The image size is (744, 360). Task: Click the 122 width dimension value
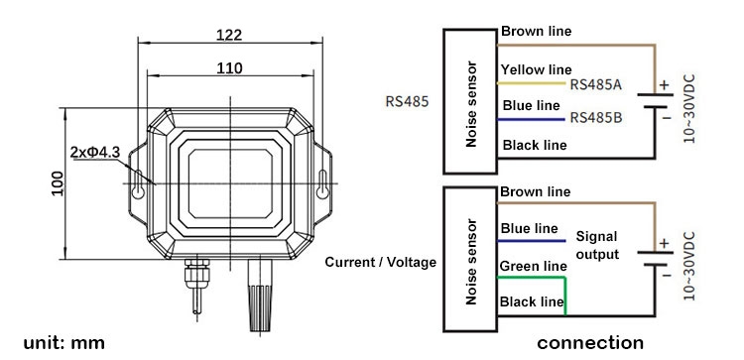229,35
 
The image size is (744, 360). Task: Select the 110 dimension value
229,68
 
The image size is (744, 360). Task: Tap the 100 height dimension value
58,180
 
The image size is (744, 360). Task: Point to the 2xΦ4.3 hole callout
95,152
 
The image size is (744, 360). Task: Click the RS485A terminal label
596,84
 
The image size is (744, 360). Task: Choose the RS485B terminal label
596,118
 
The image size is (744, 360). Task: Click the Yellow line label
536,69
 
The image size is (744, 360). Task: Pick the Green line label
533,266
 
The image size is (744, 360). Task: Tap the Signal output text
597,245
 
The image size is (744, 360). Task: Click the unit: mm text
58,343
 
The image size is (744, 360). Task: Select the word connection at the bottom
589,343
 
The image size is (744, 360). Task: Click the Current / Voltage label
380,262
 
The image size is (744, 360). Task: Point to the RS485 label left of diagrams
407,101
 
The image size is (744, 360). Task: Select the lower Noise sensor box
471,260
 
